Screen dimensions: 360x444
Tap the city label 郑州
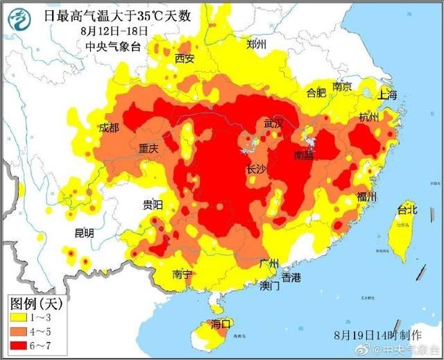click(257, 44)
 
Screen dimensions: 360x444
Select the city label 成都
click(109, 128)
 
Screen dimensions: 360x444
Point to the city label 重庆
click(148, 148)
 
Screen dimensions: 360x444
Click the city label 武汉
click(273, 123)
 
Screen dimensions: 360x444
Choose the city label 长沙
click(257, 169)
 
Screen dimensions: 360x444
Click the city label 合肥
click(316, 92)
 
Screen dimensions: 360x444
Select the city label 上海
click(388, 95)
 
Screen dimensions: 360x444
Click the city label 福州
click(366, 197)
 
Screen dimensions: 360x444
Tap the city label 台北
click(407, 209)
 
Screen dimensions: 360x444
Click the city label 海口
click(220, 324)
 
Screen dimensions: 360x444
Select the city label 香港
click(291, 277)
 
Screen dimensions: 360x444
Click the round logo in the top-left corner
click(19, 19)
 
